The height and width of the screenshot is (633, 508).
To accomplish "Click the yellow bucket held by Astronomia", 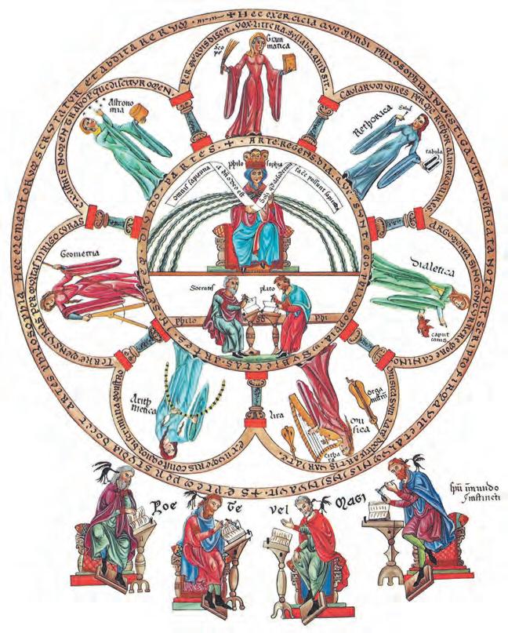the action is (x=147, y=115).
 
